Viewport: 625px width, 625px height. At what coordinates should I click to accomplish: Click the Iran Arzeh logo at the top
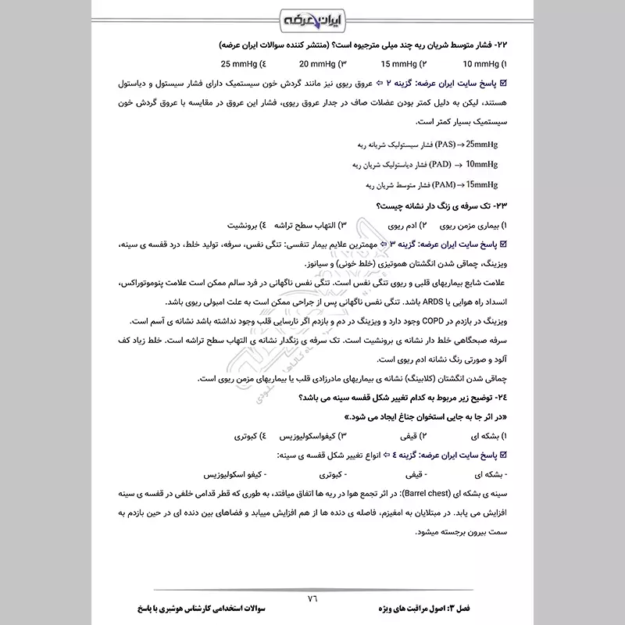pyautogui.click(x=312, y=18)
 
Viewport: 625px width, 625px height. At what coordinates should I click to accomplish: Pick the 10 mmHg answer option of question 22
pyautogui.click(x=484, y=63)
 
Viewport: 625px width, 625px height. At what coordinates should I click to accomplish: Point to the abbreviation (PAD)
pyautogui.click(x=449, y=164)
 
